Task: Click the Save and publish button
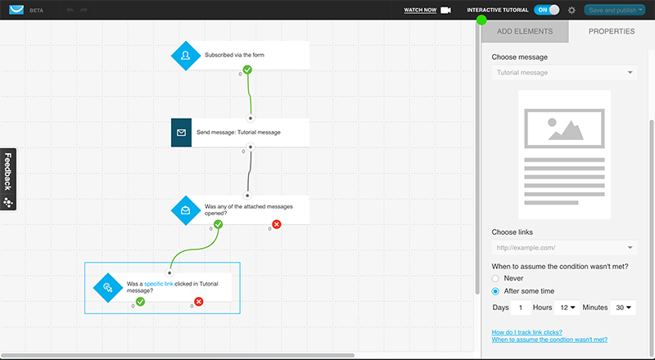click(615, 10)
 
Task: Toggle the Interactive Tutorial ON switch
click(546, 10)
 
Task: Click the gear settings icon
click(571, 10)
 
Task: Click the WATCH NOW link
click(420, 10)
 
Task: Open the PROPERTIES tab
click(611, 31)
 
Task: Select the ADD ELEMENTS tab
click(525, 31)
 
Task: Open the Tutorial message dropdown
click(564, 73)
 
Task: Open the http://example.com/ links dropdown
click(564, 248)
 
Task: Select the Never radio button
click(495, 278)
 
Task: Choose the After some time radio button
click(495, 291)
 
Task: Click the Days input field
click(521, 308)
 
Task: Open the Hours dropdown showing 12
click(567, 308)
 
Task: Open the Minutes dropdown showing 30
click(623, 308)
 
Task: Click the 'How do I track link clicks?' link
click(526, 332)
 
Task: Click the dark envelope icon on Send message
click(181, 133)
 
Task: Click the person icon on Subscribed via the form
click(186, 55)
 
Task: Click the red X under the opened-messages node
click(277, 224)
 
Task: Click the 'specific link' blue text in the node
click(159, 284)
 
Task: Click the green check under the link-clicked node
click(140, 302)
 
